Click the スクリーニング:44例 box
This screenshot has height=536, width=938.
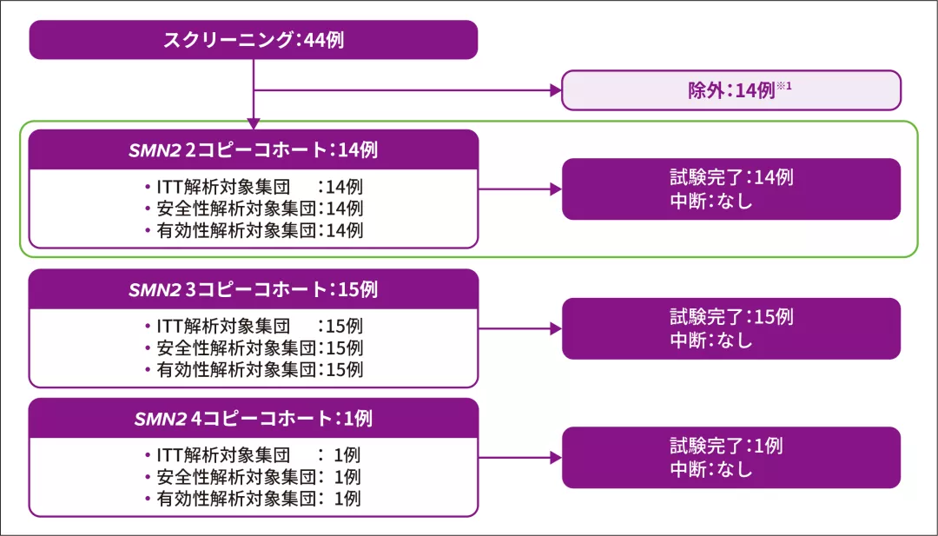(x=254, y=40)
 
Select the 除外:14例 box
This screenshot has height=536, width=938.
(x=730, y=90)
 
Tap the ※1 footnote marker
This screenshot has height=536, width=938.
(x=783, y=85)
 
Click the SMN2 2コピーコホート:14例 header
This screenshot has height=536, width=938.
(x=253, y=149)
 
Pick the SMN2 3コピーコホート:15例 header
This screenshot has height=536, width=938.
(x=253, y=289)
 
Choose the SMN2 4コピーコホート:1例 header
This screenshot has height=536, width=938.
(x=253, y=419)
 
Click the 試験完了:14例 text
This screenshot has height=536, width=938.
(x=730, y=177)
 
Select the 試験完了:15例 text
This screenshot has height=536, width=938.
(x=730, y=317)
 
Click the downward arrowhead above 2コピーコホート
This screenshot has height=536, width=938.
(x=253, y=123)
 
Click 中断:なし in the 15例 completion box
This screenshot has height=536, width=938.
(x=710, y=341)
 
